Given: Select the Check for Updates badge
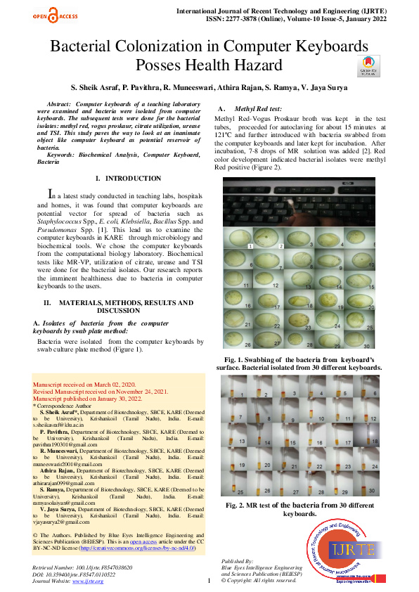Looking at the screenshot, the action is coord(372,65).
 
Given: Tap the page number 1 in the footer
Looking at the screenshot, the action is coord(209,581).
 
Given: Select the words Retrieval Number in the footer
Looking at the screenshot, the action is coord(57,566).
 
